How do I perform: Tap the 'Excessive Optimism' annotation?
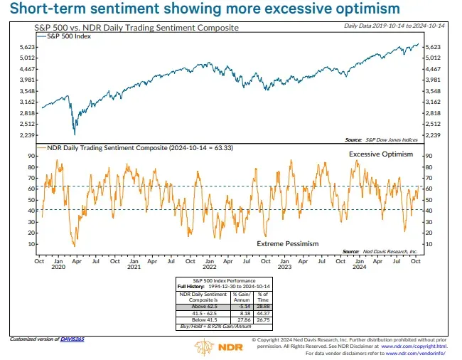tap(380, 154)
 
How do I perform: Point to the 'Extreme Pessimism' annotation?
tap(287, 243)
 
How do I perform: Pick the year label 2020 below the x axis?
tap(58, 268)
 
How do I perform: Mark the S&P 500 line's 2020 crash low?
tap(74, 132)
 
